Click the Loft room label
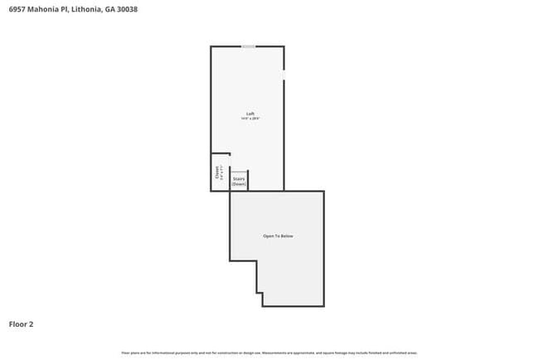pyautogui.click(x=250, y=114)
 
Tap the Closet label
pyautogui.click(x=217, y=172)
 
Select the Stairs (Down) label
pyautogui.click(x=239, y=181)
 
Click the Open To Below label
pyautogui.click(x=278, y=236)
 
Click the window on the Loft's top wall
pyautogui.click(x=248, y=46)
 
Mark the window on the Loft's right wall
pyautogui.click(x=284, y=75)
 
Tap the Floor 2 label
pyautogui.click(x=21, y=324)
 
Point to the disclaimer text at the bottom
pyautogui.click(x=269, y=353)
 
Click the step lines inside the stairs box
pyautogui.click(x=239, y=173)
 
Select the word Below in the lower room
pyautogui.click(x=287, y=236)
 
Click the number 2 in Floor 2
pyautogui.click(x=32, y=324)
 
